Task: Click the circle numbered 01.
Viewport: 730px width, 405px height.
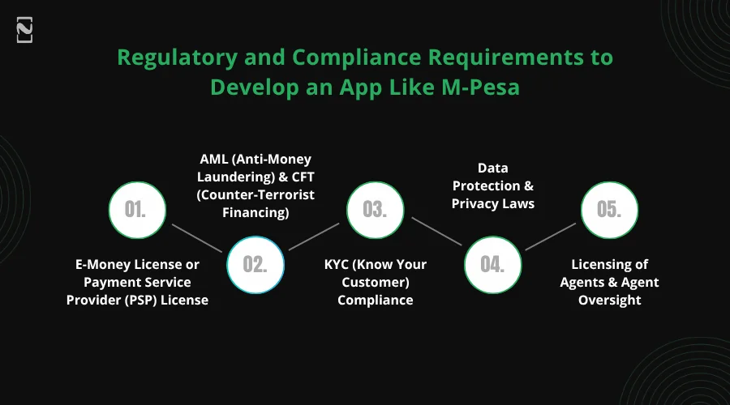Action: click(x=137, y=209)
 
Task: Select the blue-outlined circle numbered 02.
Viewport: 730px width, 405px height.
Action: click(x=255, y=264)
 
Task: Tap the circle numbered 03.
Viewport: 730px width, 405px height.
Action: click(x=374, y=209)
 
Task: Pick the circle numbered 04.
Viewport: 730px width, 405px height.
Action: click(x=492, y=264)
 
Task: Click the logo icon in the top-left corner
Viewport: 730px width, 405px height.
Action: click(x=24, y=31)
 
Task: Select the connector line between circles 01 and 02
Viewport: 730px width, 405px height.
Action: click(x=195, y=236)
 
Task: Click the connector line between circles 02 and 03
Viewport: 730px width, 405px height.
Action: click(x=314, y=236)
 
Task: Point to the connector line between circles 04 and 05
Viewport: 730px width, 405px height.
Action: click(x=552, y=236)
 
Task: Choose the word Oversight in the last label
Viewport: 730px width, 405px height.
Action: click(x=610, y=301)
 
